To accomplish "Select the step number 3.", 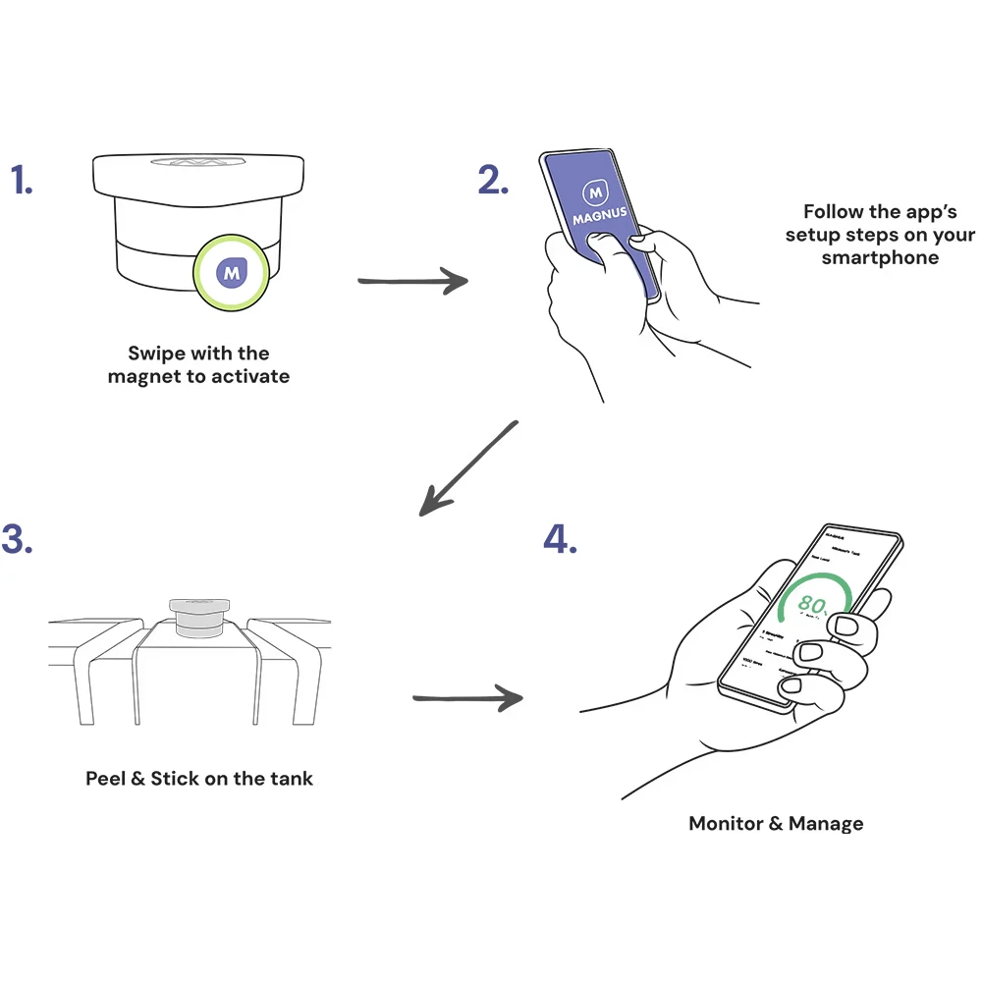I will coord(17,538).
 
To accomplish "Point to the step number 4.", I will coord(560,538).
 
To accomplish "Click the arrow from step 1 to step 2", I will coord(412,282).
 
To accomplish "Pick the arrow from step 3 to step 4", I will coord(466,699).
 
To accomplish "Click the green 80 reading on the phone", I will coord(811,603).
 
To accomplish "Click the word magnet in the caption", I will coord(144,376).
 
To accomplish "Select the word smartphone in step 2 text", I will coord(880,258).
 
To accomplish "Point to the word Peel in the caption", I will coord(104,779).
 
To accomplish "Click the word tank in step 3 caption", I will coord(292,779).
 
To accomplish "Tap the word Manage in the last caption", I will coord(827,823).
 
